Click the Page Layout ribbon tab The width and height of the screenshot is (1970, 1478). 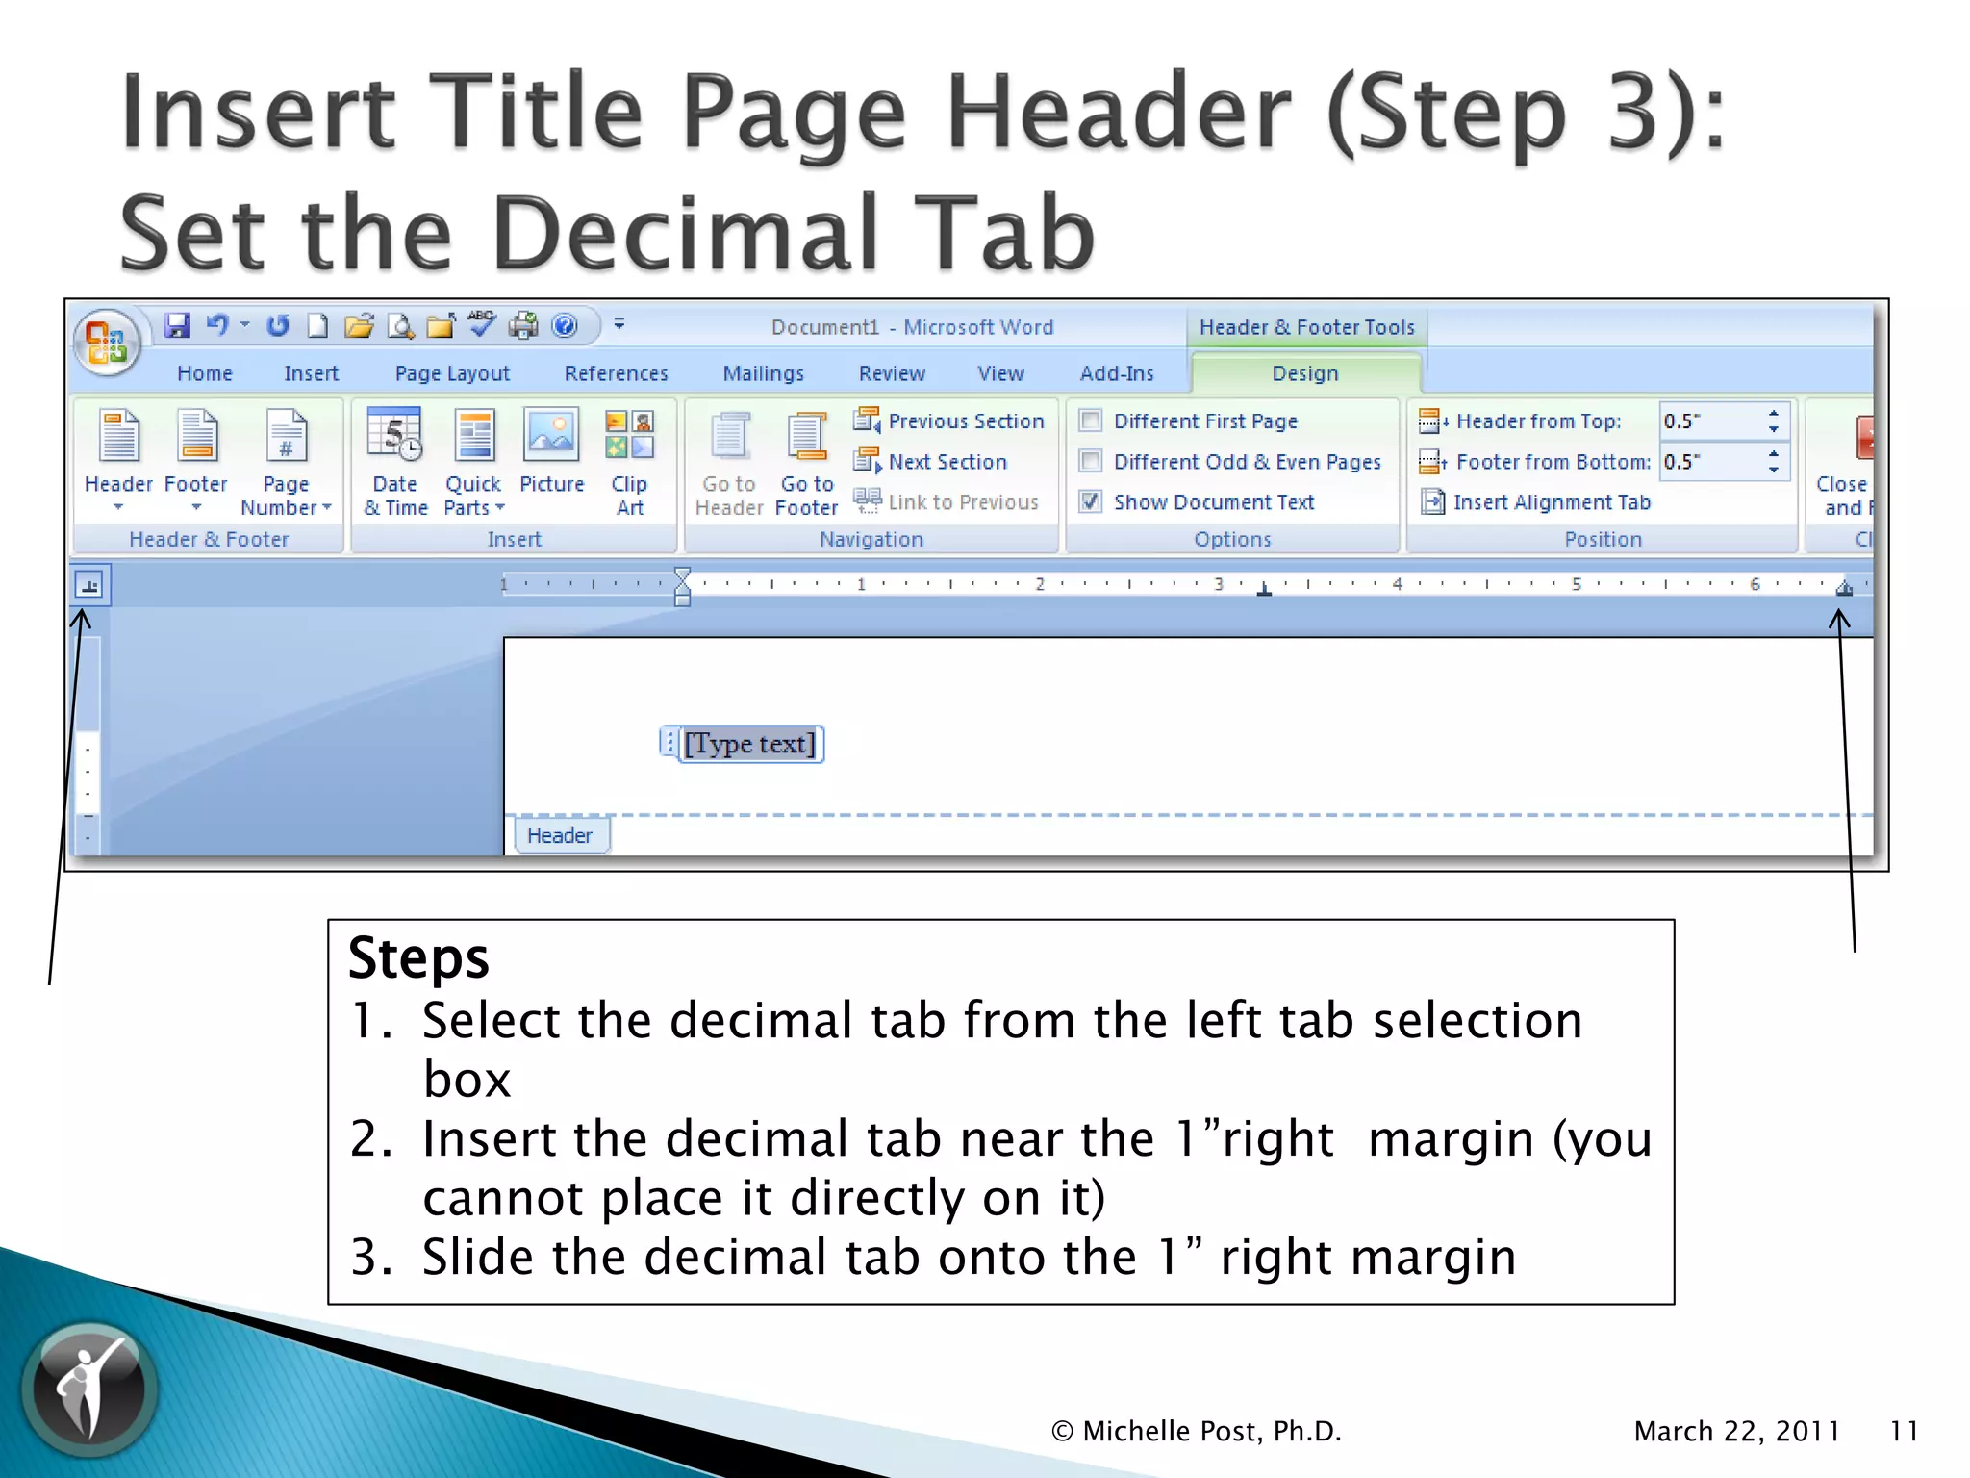[x=452, y=373]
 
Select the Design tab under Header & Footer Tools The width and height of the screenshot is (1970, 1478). [x=1304, y=373]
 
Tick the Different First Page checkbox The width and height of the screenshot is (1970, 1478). [x=1091, y=420]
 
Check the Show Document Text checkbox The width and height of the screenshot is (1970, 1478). [x=1091, y=501]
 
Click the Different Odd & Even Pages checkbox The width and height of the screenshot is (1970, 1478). [x=1091, y=461]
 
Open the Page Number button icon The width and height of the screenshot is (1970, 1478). [x=286, y=436]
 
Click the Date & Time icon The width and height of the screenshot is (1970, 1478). [x=394, y=436]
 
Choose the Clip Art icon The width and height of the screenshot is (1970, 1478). [x=630, y=435]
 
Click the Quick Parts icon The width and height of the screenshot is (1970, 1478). [x=474, y=436]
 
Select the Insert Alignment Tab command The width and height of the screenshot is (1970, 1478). [x=1551, y=502]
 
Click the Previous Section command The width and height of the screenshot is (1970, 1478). [x=965, y=421]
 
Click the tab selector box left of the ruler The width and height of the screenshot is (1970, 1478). [x=89, y=585]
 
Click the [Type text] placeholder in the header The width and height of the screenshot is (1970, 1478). [x=749, y=744]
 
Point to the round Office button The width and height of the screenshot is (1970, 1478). [x=107, y=342]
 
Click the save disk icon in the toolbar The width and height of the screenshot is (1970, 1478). [x=177, y=326]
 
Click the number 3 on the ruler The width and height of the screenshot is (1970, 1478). [x=1219, y=584]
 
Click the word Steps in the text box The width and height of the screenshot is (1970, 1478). [x=418, y=958]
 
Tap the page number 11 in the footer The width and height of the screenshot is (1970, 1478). [x=1904, y=1431]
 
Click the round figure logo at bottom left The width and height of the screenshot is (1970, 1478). [x=89, y=1389]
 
